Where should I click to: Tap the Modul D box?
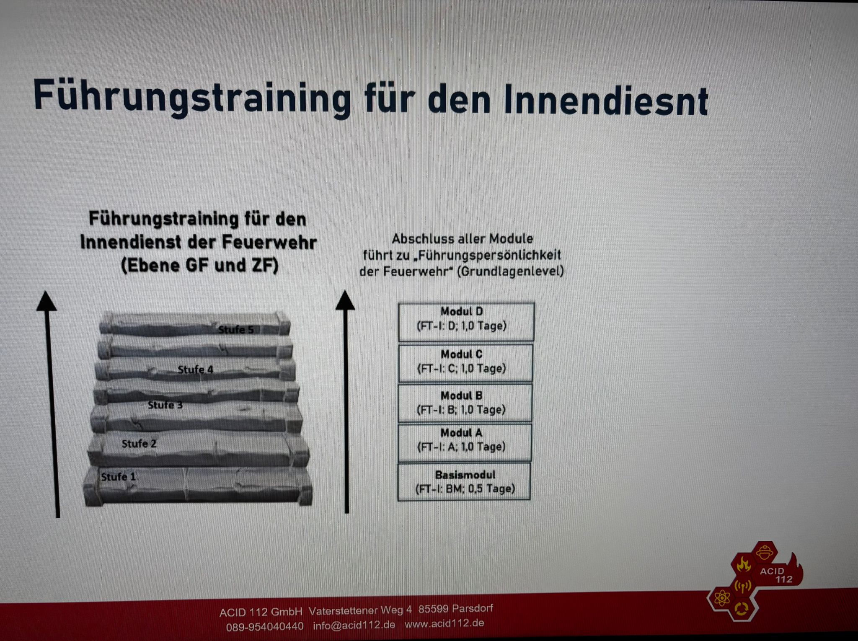(x=466, y=322)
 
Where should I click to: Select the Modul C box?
(x=465, y=363)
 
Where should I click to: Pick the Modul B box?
(x=465, y=403)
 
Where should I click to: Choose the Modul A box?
(x=465, y=442)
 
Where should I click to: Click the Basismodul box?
(x=464, y=481)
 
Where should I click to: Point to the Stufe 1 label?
(x=119, y=477)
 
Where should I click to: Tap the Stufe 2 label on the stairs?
(x=139, y=444)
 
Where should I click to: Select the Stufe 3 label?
(x=165, y=405)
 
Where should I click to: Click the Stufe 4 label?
(x=195, y=370)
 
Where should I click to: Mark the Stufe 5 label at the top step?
(x=236, y=330)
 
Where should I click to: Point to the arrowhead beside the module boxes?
(x=345, y=300)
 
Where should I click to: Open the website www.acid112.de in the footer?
(x=444, y=623)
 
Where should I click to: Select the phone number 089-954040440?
(x=265, y=627)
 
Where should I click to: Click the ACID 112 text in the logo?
(x=776, y=575)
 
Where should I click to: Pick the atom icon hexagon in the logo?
(x=722, y=598)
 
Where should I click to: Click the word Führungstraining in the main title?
(x=192, y=98)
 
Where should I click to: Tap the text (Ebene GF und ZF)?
(x=200, y=266)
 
